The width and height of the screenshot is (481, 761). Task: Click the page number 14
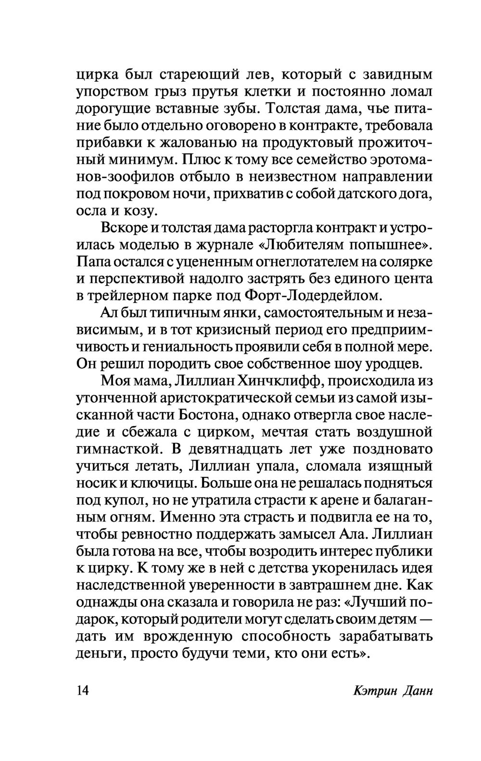tap(83, 691)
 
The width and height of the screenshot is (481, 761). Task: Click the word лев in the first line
tap(256, 75)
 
